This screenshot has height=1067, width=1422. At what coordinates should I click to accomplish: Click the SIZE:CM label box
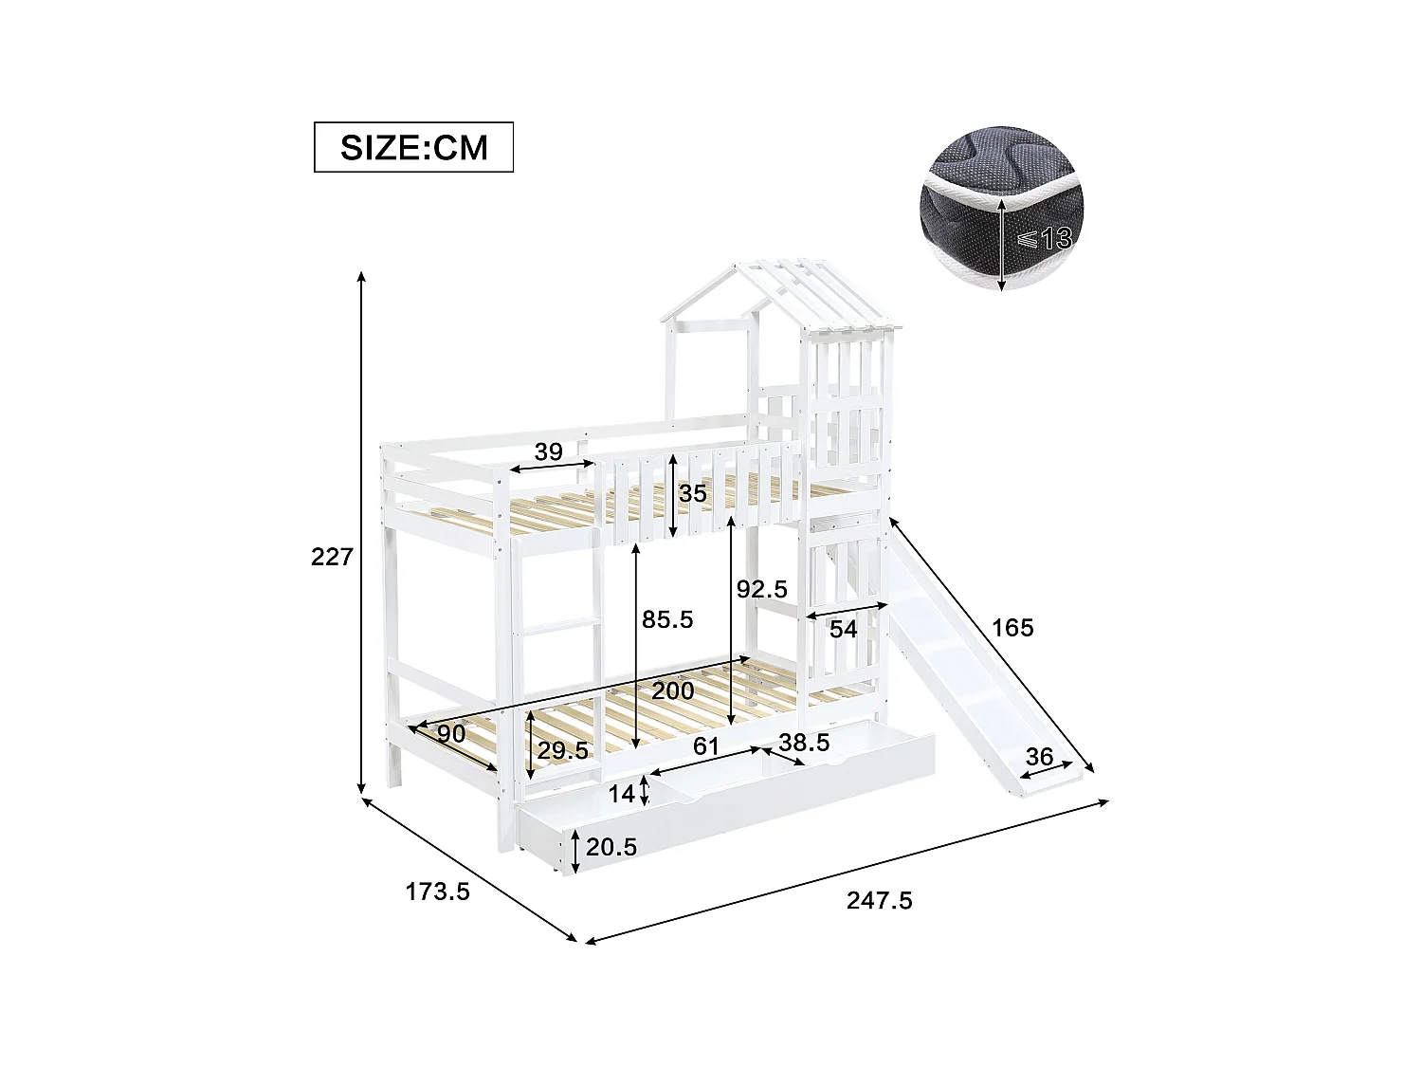pyautogui.click(x=413, y=147)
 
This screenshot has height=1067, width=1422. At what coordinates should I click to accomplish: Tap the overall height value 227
pyautogui.click(x=332, y=557)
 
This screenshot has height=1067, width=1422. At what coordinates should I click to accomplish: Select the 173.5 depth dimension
pyautogui.click(x=437, y=892)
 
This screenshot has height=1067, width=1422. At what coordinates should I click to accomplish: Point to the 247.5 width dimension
pyautogui.click(x=879, y=900)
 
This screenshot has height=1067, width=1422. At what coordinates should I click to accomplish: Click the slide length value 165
pyautogui.click(x=1012, y=628)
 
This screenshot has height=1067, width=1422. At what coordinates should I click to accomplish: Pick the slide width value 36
pyautogui.click(x=1040, y=757)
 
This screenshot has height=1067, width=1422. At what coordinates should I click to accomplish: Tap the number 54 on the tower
pyautogui.click(x=844, y=629)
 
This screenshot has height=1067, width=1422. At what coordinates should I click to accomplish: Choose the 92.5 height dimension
pyautogui.click(x=762, y=589)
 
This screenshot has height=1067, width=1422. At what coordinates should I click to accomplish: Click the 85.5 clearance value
pyautogui.click(x=667, y=619)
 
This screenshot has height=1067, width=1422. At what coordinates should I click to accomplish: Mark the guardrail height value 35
pyautogui.click(x=692, y=493)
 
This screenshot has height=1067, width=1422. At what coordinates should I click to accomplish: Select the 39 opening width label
pyautogui.click(x=548, y=451)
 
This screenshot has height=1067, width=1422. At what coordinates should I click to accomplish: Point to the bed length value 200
pyautogui.click(x=672, y=690)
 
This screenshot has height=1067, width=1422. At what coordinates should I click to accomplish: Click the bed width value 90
pyautogui.click(x=451, y=733)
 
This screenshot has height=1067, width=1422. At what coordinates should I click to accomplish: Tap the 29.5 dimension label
pyautogui.click(x=563, y=750)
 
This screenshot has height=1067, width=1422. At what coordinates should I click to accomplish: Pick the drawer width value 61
pyautogui.click(x=705, y=746)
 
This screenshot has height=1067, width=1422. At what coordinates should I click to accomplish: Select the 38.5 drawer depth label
pyautogui.click(x=804, y=743)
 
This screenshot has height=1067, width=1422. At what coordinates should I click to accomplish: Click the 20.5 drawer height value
pyautogui.click(x=611, y=847)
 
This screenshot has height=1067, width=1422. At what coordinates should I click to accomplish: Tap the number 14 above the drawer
pyautogui.click(x=621, y=794)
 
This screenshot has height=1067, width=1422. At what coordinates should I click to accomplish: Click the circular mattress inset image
pyautogui.click(x=1001, y=213)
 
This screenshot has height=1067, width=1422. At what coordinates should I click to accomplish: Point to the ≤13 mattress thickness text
pyautogui.click(x=1044, y=239)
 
